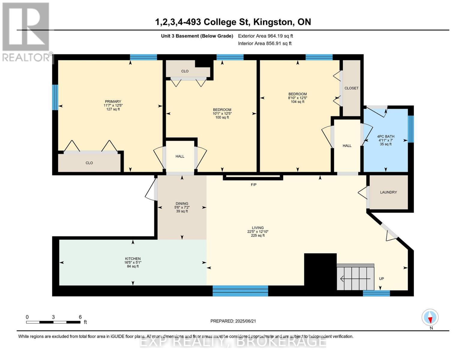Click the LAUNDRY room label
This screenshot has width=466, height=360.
coord(388,192)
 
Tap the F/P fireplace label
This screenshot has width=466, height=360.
coord(254,184)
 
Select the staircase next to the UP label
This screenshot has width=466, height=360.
coord(355,277)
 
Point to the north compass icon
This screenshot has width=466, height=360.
coord(430,317)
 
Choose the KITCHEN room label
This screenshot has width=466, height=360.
coord(133,259)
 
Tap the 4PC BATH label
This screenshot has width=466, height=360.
coord(386,136)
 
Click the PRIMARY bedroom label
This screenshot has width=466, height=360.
coord(113,101)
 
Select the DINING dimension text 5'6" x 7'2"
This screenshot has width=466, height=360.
coord(182,207)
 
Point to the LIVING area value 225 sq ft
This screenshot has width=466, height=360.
coord(258,235)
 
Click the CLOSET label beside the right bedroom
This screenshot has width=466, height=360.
coord(351,88)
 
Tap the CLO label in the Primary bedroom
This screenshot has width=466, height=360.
coord(89,163)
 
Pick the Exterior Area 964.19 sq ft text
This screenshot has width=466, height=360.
coord(266,36)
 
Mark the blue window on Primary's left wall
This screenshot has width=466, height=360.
coord(55,97)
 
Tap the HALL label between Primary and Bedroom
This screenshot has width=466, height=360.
coord(180,156)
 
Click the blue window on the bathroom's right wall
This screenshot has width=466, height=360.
coord(410,129)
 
